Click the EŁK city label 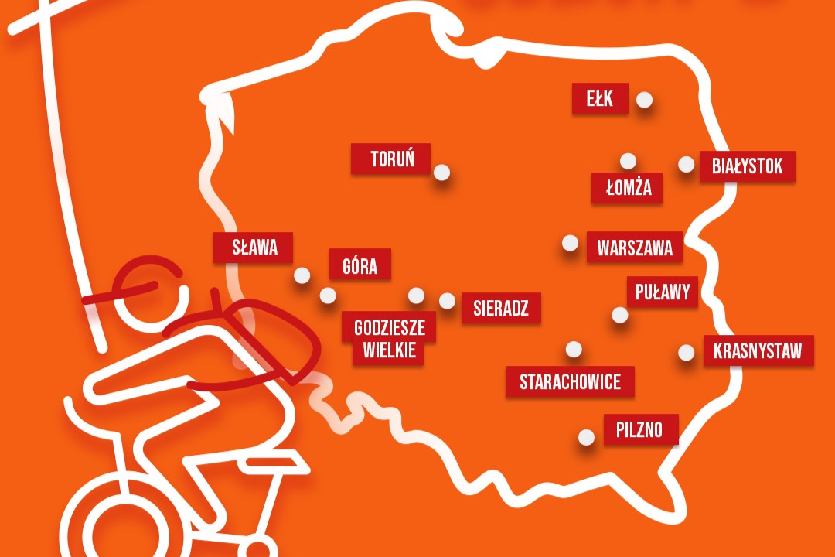600,99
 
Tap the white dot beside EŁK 644,100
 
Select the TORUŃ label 391,159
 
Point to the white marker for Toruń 441,173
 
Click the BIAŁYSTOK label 747,166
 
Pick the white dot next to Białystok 686,164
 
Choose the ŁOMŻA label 627,188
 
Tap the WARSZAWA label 635,248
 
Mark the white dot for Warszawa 570,243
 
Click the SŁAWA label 254,248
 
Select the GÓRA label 360,265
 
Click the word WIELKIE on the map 388,350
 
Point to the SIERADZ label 500,308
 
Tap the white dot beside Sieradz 447,301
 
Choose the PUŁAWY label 662,292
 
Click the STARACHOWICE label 570,382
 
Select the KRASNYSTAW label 758,351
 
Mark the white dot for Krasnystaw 686,353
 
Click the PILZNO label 639,429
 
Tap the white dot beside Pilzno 587,437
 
